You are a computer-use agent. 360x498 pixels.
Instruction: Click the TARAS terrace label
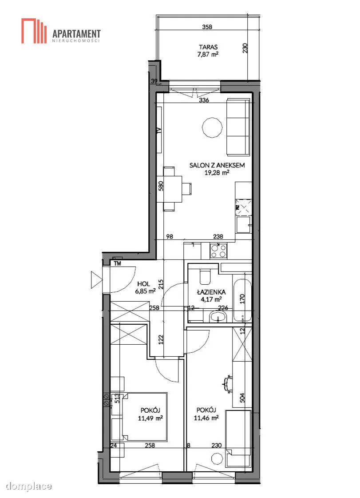pyautogui.click(x=208, y=47)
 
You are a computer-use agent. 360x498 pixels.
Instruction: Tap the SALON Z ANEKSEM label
pyautogui.click(x=217, y=165)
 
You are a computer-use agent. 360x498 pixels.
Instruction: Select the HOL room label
pyautogui.click(x=143, y=284)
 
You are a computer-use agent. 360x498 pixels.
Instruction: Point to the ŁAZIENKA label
pyautogui.click(x=211, y=292)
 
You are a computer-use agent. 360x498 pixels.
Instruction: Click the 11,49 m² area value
pyautogui.click(x=150, y=418)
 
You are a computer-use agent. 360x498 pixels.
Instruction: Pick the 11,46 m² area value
pyautogui.click(x=206, y=418)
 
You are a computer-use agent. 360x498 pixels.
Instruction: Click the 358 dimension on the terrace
pyautogui.click(x=207, y=27)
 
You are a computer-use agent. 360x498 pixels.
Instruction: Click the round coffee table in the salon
pyautogui.click(x=212, y=127)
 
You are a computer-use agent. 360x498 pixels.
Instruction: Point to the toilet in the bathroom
pyautogui.click(x=205, y=277)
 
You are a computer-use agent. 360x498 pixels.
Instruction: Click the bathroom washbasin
pyautogui.click(x=218, y=317)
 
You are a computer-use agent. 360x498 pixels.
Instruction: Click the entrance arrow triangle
pyautogui.click(x=96, y=280)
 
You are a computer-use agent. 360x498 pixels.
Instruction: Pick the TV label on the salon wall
pyautogui.click(x=159, y=130)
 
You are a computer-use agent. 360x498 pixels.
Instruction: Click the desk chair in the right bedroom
pyautogui.click(x=227, y=383)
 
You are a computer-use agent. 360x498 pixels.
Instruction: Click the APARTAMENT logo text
pyautogui.click(x=76, y=34)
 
